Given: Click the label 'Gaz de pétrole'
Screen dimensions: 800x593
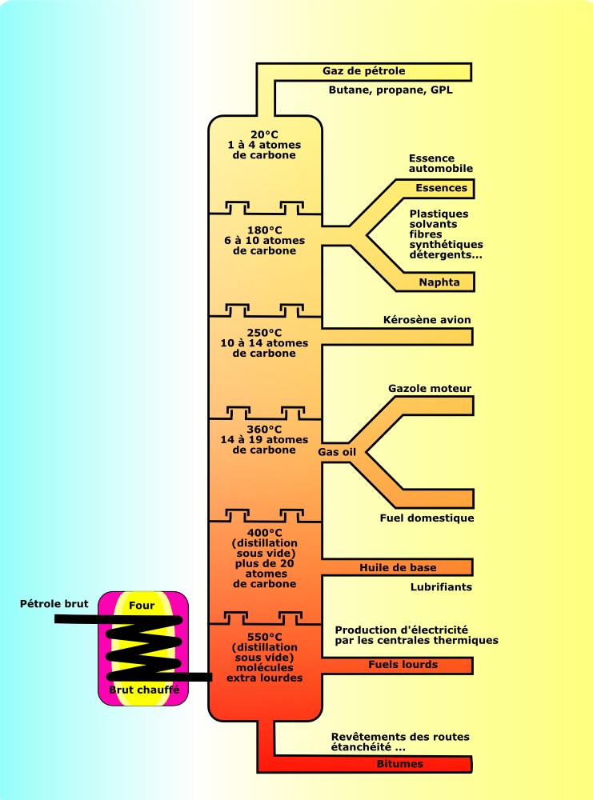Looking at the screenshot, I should [364, 71].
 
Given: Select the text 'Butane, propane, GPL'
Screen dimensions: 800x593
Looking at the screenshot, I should [391, 90].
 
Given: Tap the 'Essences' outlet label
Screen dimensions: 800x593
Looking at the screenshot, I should [441, 188].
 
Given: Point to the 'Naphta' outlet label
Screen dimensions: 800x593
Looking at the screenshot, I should [439, 282].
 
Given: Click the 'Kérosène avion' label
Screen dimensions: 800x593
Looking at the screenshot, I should [427, 320].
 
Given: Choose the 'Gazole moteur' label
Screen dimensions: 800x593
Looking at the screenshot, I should [430, 389].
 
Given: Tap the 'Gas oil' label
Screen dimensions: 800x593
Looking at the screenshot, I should [337, 452].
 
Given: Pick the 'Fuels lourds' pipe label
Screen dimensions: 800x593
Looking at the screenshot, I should [403, 664].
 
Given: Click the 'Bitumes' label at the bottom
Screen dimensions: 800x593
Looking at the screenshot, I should [399, 763].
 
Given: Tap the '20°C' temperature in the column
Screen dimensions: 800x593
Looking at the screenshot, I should [265, 134].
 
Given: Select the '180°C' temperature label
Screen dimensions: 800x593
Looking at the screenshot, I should [265, 230].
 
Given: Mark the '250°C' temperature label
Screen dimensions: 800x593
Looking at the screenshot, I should [265, 332].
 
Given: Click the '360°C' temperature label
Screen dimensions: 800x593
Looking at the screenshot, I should [265, 429].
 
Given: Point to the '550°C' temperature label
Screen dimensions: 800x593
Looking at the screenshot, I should [265, 637].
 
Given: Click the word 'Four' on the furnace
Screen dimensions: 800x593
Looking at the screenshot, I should [142, 606].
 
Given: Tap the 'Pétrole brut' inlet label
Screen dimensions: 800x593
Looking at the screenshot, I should [54, 604].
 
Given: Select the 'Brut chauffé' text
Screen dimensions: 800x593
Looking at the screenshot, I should [143, 689].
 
